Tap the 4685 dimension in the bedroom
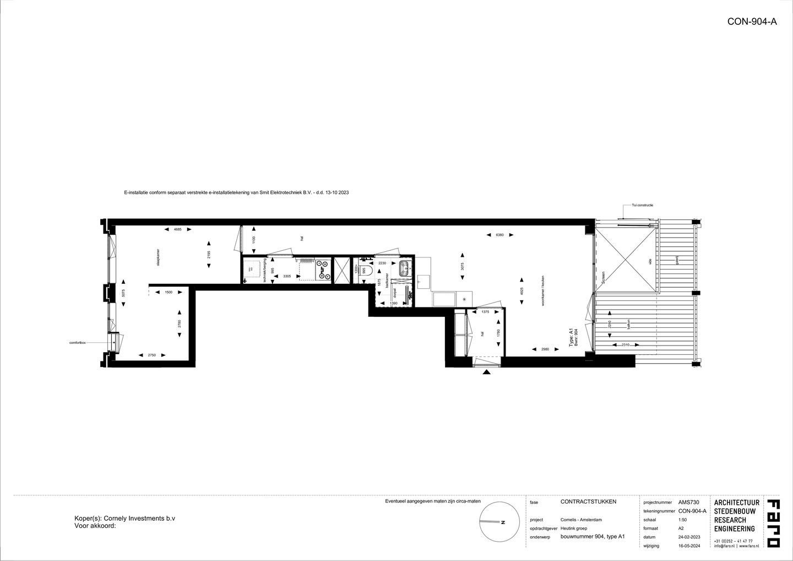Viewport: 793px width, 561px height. tap(177, 229)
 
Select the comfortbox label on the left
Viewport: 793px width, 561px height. tap(77, 343)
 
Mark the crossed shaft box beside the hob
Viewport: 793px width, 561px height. tap(342, 271)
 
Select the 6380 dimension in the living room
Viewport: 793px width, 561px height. tap(499, 235)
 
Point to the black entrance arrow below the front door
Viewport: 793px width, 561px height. tap(487, 373)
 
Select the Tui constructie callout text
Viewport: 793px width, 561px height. tap(642, 206)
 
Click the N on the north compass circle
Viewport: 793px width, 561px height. tap(502, 522)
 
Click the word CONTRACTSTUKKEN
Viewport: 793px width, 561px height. tap(588, 502)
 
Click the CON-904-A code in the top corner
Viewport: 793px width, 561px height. tap(752, 22)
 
